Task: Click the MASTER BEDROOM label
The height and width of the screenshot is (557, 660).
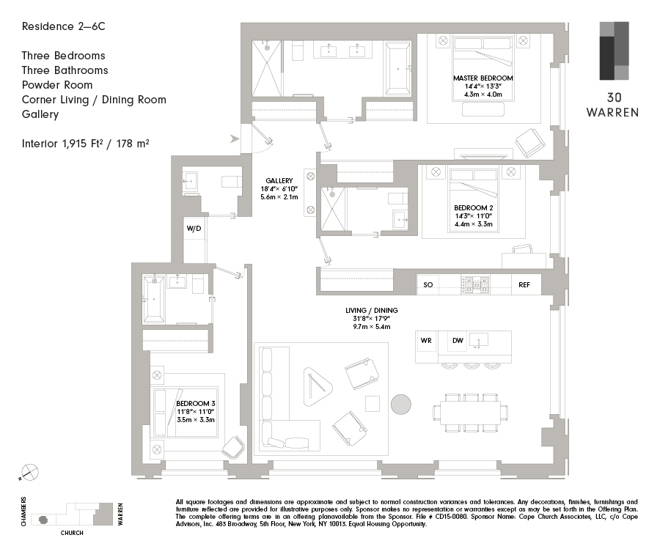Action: pos(483,78)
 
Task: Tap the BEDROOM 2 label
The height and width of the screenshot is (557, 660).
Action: pos(474,208)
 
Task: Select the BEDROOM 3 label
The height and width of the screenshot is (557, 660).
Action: pos(196,403)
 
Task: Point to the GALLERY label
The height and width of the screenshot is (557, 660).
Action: pos(279,181)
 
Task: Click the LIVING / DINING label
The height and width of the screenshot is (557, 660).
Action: pos(372,311)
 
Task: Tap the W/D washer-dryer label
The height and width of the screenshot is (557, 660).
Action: pos(194,229)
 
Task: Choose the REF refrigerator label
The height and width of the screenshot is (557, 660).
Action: pos(524,285)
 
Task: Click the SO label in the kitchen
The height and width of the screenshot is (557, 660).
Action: pos(428,285)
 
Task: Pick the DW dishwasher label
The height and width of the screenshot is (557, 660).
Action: pos(458,340)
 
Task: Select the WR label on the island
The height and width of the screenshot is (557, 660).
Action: pos(426,340)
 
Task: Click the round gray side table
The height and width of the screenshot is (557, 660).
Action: pos(401,405)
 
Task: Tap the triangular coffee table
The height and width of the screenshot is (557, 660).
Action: pos(317,386)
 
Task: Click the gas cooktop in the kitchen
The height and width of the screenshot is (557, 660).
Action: pos(476,285)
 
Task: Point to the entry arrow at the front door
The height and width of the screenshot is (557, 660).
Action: pos(235,139)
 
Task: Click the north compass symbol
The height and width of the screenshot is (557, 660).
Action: pos(29,473)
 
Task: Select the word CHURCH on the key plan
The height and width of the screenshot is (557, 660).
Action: pos(72,533)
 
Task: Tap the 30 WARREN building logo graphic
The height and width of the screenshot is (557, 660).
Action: pos(614,51)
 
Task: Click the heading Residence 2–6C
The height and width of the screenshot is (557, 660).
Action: pos(64,26)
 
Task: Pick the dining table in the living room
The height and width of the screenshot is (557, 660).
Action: pos(471,413)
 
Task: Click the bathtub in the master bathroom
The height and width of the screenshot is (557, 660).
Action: pos(397,69)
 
